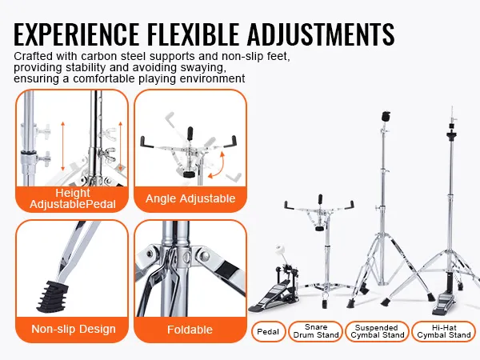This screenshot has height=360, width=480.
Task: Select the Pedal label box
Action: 268,330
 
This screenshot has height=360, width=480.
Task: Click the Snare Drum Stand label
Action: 314,330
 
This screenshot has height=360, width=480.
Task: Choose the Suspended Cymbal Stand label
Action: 376,330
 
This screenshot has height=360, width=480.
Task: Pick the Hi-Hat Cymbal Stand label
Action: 443,330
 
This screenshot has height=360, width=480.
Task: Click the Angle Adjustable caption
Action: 190,198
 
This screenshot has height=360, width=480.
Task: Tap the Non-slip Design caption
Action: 74,329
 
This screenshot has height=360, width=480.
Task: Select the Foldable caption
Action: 190,329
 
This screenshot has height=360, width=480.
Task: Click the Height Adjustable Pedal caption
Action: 73,198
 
